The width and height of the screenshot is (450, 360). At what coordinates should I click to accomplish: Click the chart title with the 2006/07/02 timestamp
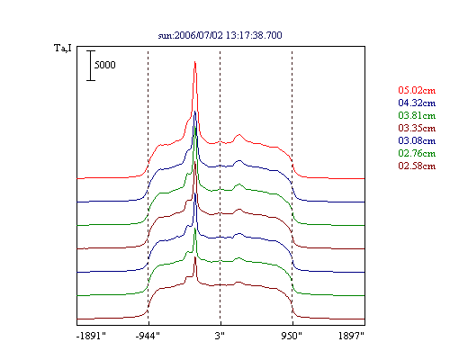click(x=220, y=35)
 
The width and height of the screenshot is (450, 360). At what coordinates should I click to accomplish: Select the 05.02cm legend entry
click(x=417, y=90)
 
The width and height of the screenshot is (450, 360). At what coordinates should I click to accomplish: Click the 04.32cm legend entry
click(x=417, y=103)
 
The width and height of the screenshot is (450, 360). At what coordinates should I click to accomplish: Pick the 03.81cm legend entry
click(x=417, y=115)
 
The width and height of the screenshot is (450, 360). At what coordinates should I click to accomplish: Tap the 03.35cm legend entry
click(x=417, y=128)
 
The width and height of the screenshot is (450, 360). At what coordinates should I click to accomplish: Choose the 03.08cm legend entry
click(x=417, y=140)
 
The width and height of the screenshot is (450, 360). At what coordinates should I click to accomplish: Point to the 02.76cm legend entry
click(x=417, y=153)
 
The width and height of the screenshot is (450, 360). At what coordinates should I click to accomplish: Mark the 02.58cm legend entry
click(x=417, y=166)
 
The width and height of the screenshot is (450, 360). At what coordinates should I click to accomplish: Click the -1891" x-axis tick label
click(x=91, y=336)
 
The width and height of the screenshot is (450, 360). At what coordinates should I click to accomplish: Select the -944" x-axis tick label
click(x=148, y=336)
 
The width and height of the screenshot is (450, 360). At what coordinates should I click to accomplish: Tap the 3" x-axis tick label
click(x=220, y=336)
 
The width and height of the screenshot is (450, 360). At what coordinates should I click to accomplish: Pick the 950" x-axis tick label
click(x=292, y=336)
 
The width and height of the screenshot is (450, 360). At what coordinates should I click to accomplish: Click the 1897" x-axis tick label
click(x=351, y=336)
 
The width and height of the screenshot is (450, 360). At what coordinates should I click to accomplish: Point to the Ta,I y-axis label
click(x=63, y=48)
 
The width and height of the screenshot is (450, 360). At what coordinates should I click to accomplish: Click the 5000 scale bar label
click(x=105, y=65)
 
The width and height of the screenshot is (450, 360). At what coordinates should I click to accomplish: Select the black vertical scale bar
click(x=91, y=66)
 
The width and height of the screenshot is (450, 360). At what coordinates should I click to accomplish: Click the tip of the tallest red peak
click(x=195, y=62)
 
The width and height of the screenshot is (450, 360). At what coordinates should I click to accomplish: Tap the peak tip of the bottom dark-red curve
click(x=195, y=257)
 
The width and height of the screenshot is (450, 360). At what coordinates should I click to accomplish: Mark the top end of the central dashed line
click(x=220, y=51)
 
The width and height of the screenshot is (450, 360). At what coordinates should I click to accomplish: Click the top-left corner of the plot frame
click(x=77, y=47)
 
